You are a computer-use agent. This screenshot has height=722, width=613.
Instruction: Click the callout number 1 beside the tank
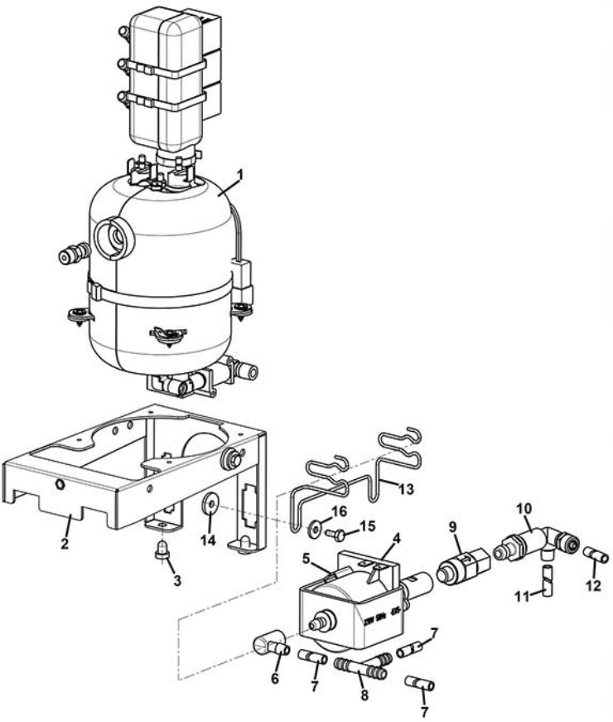[x=240, y=175]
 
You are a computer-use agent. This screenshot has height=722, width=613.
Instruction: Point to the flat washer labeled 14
[x=210, y=505]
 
